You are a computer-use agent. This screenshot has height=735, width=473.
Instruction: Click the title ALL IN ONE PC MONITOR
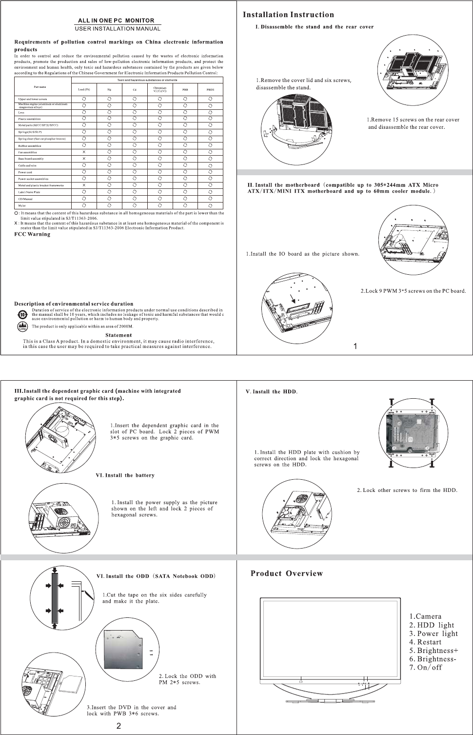tap(116, 20)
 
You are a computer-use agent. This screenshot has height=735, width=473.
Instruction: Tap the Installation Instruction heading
tap(288, 15)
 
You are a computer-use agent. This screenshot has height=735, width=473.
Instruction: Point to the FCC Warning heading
tap(32, 234)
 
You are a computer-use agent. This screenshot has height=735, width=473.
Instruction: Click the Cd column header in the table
tap(135, 90)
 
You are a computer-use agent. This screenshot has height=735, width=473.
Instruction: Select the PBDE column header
tap(210, 90)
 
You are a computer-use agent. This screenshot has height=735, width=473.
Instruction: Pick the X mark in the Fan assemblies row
tap(84, 152)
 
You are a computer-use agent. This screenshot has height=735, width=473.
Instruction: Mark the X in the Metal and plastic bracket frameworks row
tap(84, 185)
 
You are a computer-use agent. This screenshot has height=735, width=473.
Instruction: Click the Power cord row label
tap(25, 172)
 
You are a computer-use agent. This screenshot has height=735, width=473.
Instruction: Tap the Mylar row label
tap(22, 205)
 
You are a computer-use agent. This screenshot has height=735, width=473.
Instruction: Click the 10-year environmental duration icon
tap(22, 313)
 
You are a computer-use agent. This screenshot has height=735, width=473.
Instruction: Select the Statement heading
tap(118, 335)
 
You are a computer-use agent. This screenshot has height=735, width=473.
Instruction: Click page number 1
tap(355, 347)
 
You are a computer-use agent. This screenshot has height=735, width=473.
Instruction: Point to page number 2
tap(118, 726)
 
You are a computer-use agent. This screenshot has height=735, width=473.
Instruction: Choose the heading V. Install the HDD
tap(272, 391)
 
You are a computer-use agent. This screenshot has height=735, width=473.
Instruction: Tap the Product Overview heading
tap(286, 573)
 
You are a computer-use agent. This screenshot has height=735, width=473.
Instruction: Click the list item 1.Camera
tap(425, 616)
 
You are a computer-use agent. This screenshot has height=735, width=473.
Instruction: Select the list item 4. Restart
tap(425, 642)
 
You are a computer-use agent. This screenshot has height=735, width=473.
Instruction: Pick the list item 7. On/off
tap(426, 667)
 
